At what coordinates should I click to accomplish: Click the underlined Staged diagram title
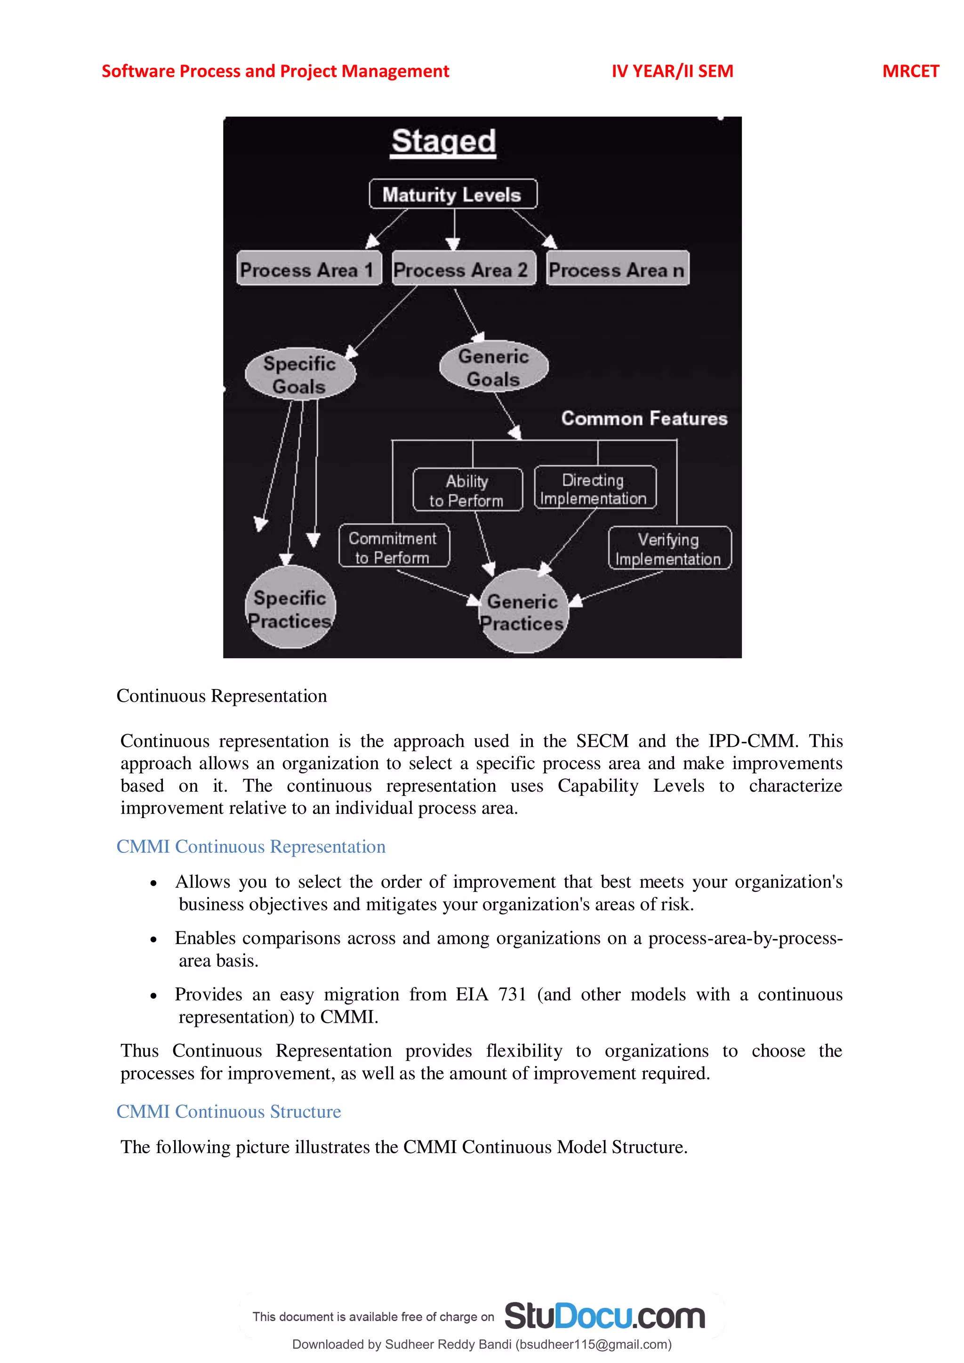click(x=443, y=142)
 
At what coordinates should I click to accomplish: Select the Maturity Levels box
click(x=453, y=194)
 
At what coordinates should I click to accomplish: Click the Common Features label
click(x=644, y=418)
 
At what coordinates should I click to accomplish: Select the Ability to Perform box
click(x=467, y=490)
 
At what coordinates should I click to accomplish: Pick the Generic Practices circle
click(x=523, y=611)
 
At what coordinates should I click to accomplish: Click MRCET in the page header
click(x=910, y=71)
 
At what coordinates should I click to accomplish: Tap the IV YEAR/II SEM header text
click(x=672, y=71)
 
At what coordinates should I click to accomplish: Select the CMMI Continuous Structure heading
click(x=229, y=1111)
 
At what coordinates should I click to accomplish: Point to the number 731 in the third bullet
click(x=512, y=994)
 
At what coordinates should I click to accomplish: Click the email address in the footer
click(x=594, y=1344)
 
